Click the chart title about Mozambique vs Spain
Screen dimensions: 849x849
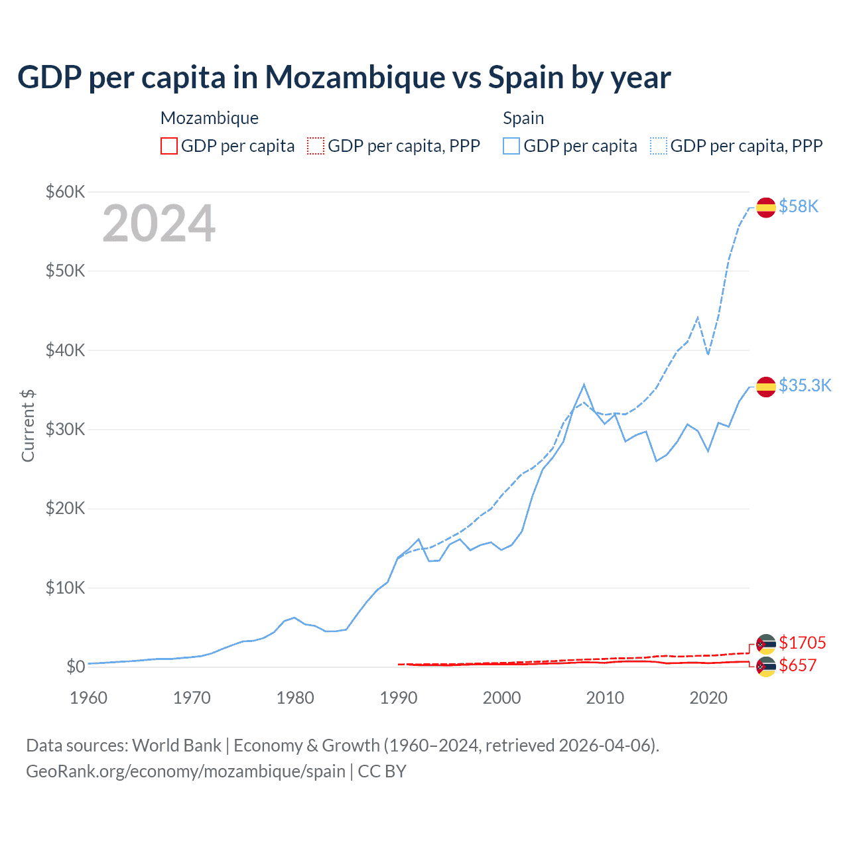tap(344, 78)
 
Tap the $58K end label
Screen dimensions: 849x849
tap(799, 207)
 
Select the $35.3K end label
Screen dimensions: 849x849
tap(805, 386)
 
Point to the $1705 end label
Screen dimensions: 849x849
tap(802, 643)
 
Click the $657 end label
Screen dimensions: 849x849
tap(797, 665)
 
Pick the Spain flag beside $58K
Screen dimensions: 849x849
tap(766, 208)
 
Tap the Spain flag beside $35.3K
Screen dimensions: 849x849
tap(766, 387)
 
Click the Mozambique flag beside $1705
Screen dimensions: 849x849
tap(766, 644)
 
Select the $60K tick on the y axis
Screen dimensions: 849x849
tap(65, 192)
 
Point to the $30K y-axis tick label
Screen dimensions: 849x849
tap(65, 429)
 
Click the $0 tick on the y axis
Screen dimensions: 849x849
tap(76, 667)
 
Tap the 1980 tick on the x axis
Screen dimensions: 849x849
tap(295, 698)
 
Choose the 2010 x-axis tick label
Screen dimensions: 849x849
tap(605, 698)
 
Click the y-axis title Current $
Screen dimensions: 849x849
tap(28, 426)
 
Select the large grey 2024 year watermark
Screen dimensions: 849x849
tap(159, 224)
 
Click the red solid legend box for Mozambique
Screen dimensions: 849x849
tap(169, 146)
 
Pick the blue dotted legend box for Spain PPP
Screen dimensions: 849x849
tap(659, 146)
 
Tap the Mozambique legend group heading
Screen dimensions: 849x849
tap(210, 118)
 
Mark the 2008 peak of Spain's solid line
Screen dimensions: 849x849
tap(584, 385)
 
